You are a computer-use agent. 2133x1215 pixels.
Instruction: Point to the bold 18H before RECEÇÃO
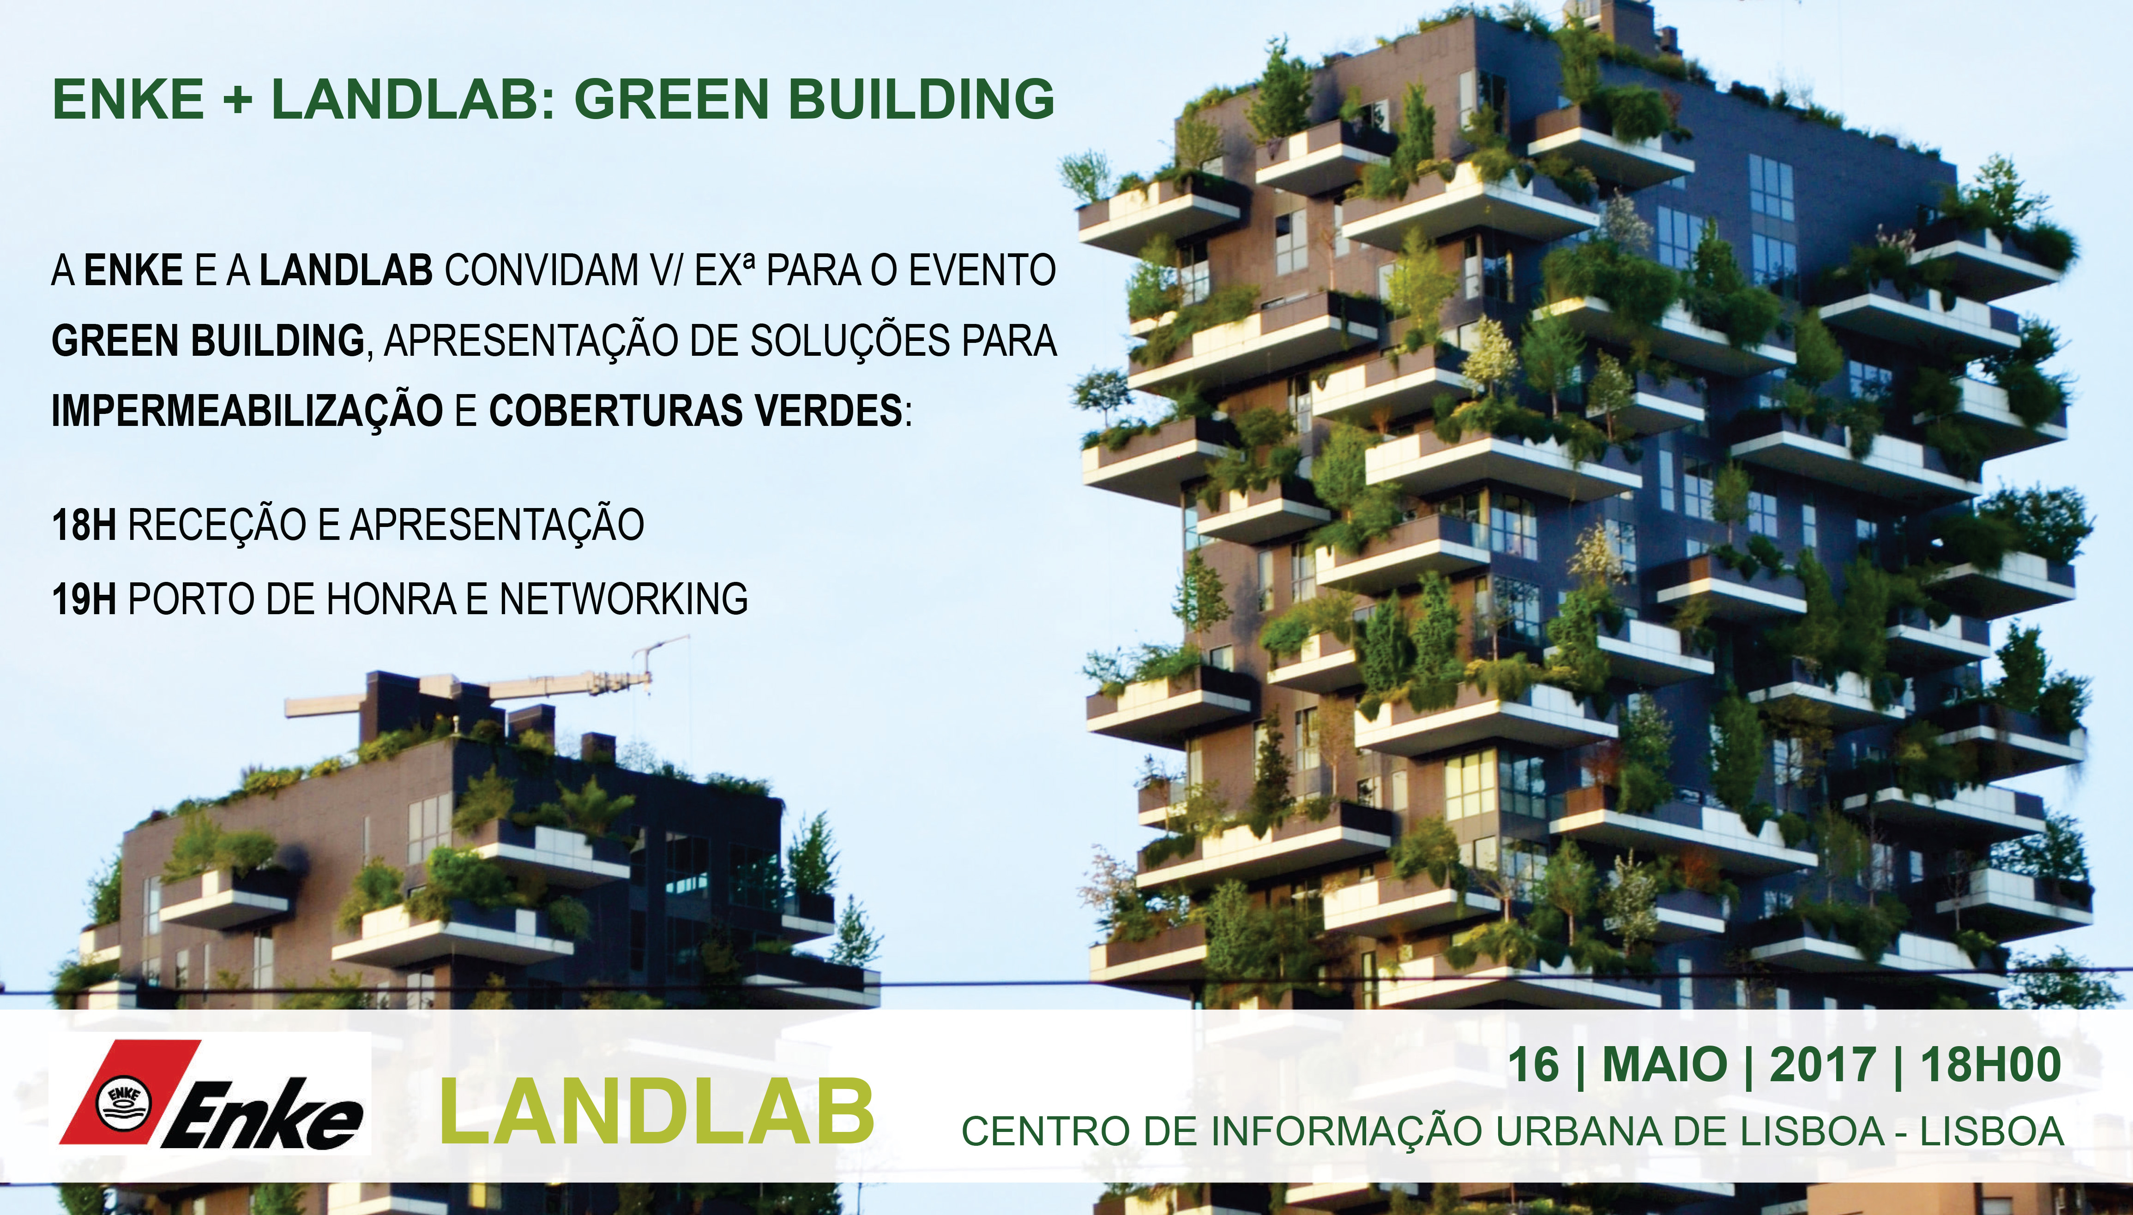click(x=84, y=525)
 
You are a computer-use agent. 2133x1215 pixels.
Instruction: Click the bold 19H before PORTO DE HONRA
click(x=84, y=599)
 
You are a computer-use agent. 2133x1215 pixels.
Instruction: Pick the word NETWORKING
click(x=624, y=599)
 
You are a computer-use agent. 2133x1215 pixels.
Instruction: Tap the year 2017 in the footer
click(x=1822, y=1065)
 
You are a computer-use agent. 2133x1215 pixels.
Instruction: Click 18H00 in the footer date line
click(x=1990, y=1065)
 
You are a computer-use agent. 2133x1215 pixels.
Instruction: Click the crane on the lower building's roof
click(x=488, y=684)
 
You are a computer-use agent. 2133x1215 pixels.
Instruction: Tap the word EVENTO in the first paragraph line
click(x=982, y=270)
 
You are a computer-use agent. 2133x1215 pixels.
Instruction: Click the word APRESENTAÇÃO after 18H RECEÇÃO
click(x=497, y=525)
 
